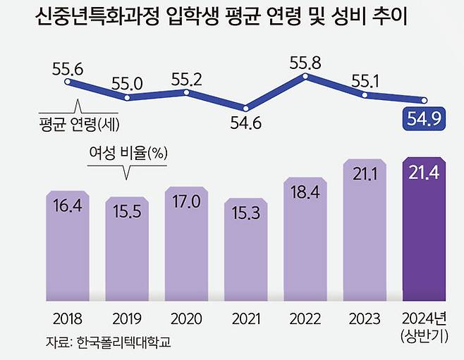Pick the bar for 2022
coord(305,240)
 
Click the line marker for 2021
coord(245,108)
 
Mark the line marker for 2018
coord(68,82)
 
